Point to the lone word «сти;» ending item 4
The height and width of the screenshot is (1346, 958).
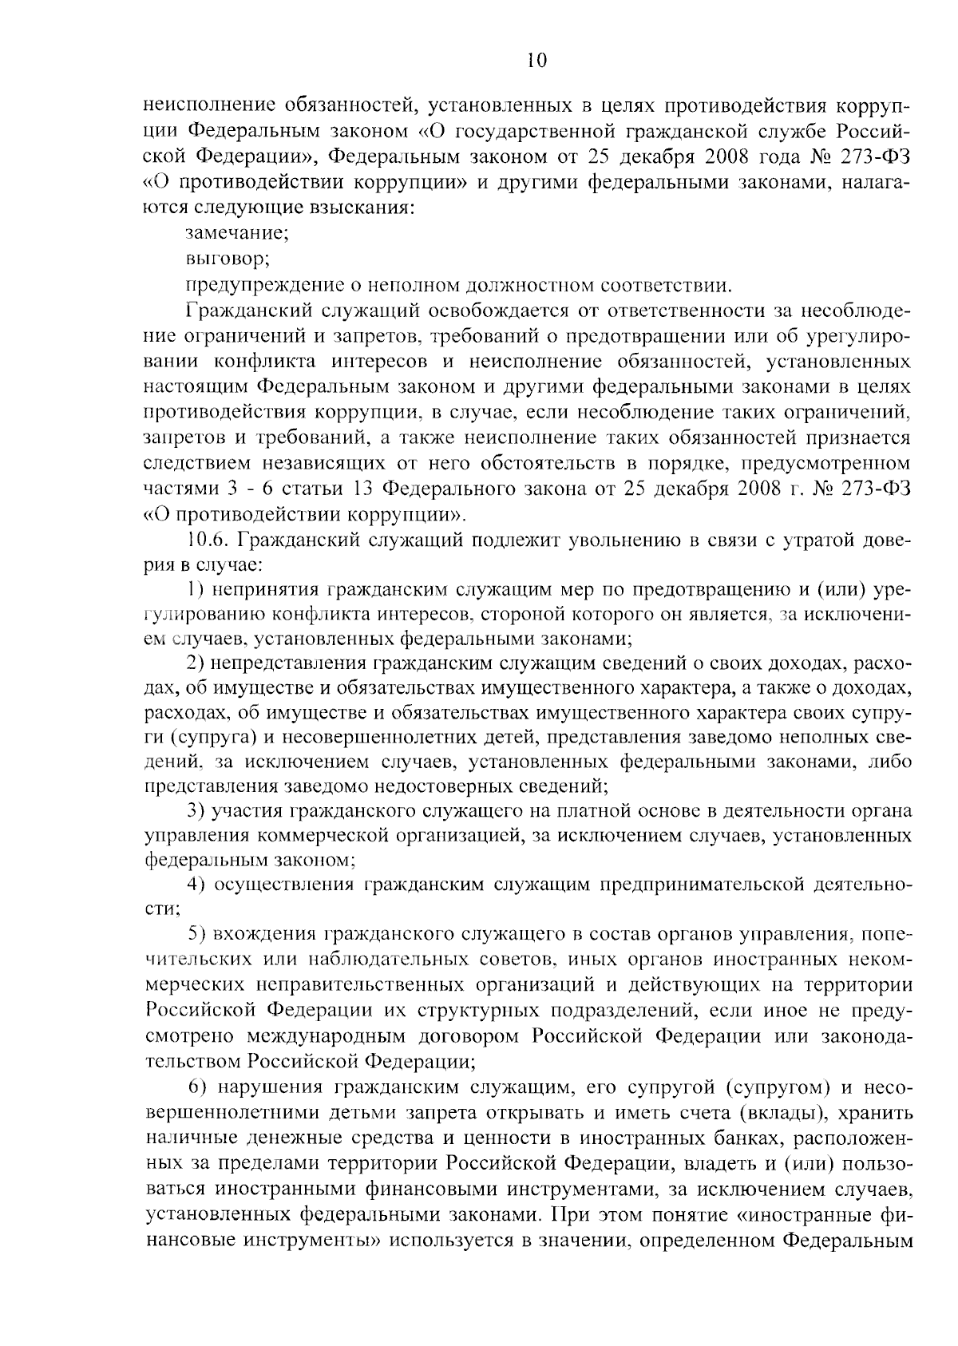(x=162, y=909)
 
